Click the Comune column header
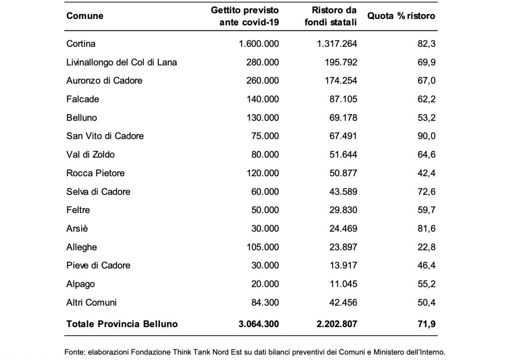click(x=85, y=16)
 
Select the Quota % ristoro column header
click(x=401, y=16)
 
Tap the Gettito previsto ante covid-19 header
click(x=245, y=16)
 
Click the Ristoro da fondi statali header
click(x=331, y=16)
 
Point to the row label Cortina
click(x=81, y=44)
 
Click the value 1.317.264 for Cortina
click(x=337, y=44)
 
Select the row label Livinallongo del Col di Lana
click(x=122, y=62)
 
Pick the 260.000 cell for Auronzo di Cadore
click(x=262, y=81)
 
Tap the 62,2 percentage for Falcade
click(x=426, y=99)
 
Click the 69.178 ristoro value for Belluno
click(x=343, y=118)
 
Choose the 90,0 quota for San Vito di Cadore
click(x=426, y=136)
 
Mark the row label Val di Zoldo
click(x=91, y=154)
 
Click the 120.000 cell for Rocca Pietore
click(x=262, y=173)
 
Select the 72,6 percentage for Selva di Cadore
click(x=426, y=192)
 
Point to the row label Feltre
click(x=78, y=210)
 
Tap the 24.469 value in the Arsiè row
click(x=343, y=229)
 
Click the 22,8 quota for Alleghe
click(x=426, y=247)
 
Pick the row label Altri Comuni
click(x=92, y=302)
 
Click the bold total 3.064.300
click(x=258, y=324)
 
